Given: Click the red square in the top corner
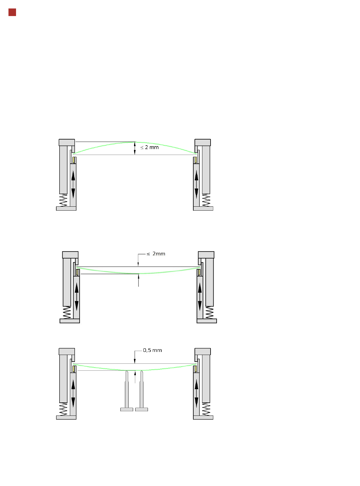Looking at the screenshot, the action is point(12,12).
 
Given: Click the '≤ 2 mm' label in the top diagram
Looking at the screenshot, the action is point(149,147).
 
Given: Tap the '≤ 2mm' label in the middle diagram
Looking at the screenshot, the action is point(156,254).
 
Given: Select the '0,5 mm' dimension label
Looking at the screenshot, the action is point(152,350).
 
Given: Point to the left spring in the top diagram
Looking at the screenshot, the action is point(63,200).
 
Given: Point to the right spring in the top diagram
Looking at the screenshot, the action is point(206,200).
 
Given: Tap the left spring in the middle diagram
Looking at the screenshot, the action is point(67,313).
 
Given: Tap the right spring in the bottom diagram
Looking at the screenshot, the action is point(206,409).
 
